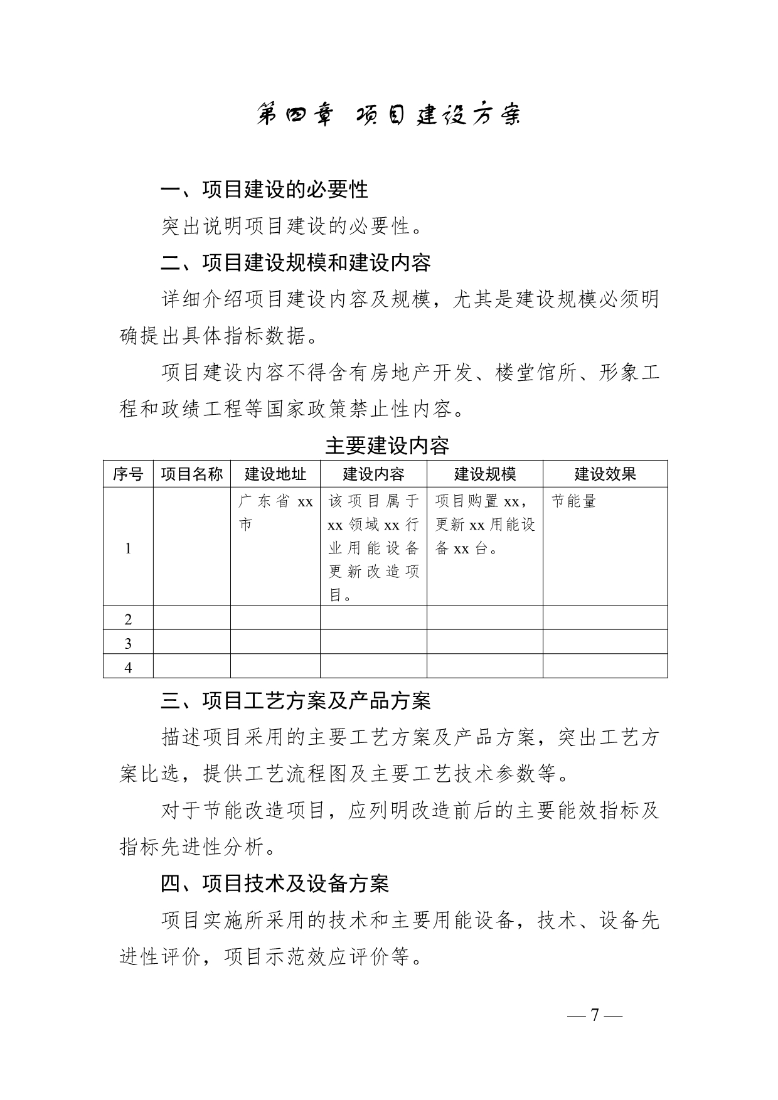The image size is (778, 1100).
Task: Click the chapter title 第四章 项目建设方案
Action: [x=388, y=115]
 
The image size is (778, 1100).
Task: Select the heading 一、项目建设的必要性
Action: [x=264, y=190]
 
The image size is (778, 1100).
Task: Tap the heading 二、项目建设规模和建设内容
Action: [x=296, y=262]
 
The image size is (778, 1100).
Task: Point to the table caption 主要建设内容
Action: [x=387, y=446]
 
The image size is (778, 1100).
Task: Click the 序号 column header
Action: [x=128, y=474]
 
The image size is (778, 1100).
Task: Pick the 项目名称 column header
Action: [x=191, y=474]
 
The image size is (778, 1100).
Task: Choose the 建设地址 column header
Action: [x=275, y=474]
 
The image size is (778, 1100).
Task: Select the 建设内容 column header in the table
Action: [x=373, y=474]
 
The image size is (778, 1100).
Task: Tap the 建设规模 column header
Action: [x=484, y=474]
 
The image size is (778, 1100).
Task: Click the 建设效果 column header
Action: [x=605, y=474]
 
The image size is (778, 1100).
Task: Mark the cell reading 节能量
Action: [x=573, y=501]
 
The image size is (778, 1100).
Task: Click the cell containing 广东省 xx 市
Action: [x=275, y=513]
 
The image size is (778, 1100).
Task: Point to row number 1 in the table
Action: [x=128, y=548]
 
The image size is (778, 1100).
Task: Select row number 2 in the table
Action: [x=128, y=619]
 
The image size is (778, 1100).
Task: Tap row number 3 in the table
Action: [x=128, y=643]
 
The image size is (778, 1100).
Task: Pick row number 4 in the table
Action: [x=128, y=667]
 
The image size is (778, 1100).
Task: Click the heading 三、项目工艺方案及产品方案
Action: [x=296, y=701]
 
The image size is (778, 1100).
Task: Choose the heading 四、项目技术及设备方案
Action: [x=275, y=884]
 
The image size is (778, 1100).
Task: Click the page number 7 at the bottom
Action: [x=595, y=1015]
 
